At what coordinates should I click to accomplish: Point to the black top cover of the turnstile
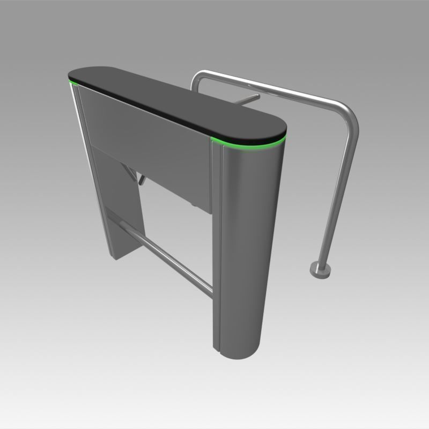[177, 102]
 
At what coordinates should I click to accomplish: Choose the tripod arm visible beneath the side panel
[140, 178]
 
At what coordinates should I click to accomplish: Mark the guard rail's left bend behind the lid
[197, 79]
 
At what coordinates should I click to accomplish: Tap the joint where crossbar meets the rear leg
[113, 217]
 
